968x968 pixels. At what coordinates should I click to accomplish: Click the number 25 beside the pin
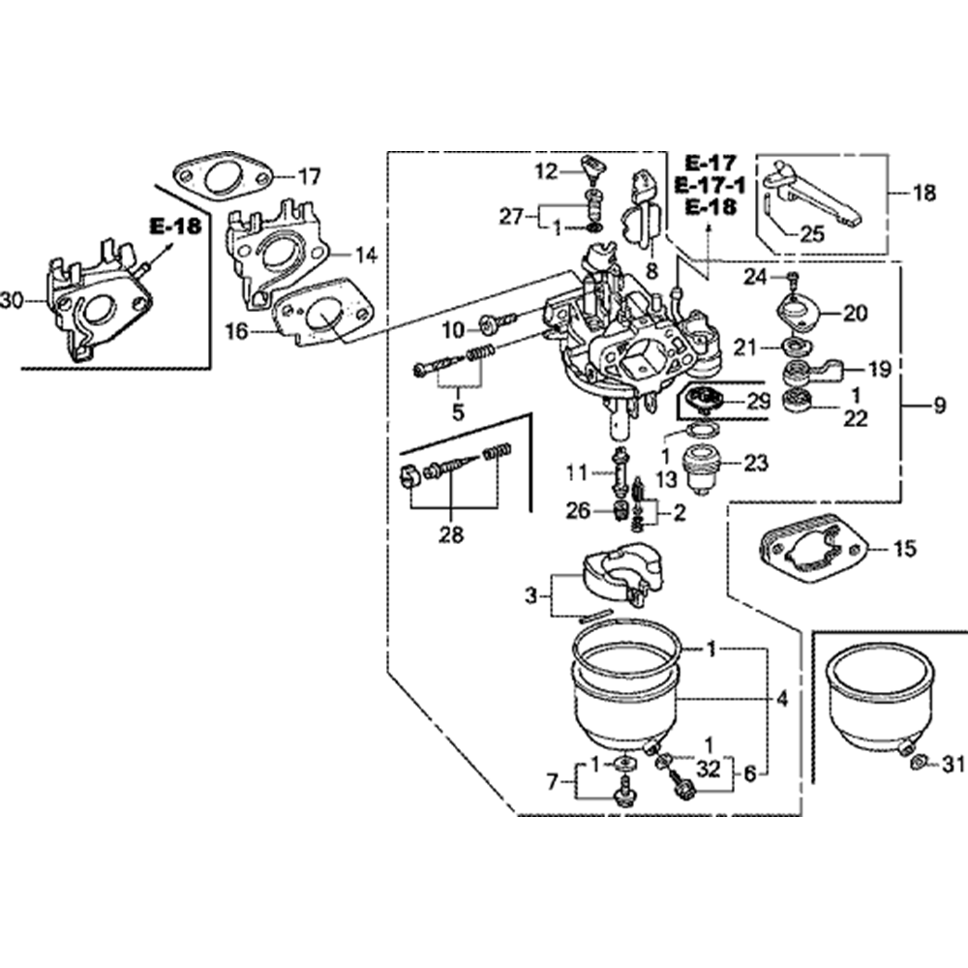[813, 233]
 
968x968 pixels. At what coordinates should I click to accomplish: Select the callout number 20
[855, 313]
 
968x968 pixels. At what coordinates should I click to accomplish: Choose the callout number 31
[953, 766]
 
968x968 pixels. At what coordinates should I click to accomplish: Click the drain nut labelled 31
[921, 765]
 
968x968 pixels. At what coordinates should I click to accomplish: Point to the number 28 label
[451, 533]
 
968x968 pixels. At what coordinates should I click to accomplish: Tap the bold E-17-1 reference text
[710, 185]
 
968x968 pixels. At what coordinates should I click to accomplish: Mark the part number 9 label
[939, 408]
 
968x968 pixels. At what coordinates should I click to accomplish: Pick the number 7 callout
[553, 780]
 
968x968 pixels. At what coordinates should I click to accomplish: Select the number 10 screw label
[454, 331]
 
